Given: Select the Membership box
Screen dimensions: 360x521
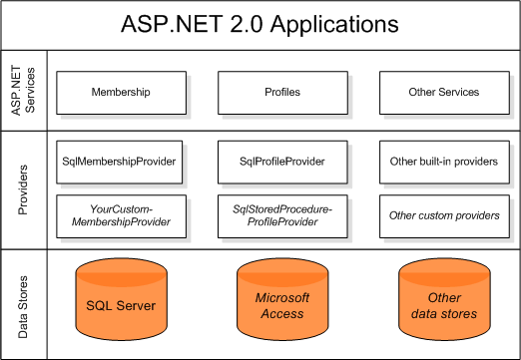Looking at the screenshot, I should [121, 92].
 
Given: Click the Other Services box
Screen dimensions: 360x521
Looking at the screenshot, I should [443, 92].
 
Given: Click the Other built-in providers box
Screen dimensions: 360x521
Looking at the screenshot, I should [443, 161].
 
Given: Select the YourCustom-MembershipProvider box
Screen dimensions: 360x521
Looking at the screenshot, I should [121, 214].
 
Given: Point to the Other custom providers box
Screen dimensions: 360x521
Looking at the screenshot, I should [443, 214].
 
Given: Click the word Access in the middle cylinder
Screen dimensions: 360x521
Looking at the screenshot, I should [282, 313].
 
